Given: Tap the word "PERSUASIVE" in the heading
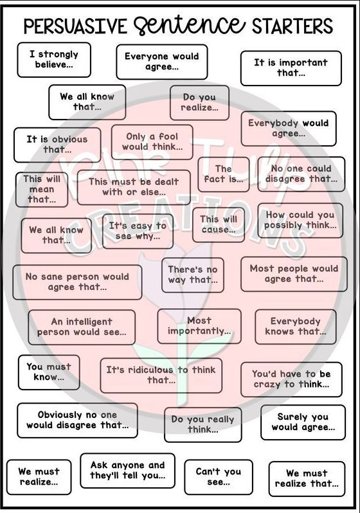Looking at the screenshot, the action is (x=75, y=26).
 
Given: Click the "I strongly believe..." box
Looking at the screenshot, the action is (x=54, y=60).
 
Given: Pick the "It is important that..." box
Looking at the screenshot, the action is (x=291, y=68).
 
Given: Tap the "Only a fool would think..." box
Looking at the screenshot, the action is (x=152, y=142).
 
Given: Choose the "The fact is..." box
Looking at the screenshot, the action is (x=224, y=174).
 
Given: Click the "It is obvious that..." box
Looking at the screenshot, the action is (x=57, y=145).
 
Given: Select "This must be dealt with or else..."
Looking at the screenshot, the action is (x=134, y=187).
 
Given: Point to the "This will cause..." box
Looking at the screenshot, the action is (x=219, y=224).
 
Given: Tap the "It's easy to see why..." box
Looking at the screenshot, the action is (x=138, y=231).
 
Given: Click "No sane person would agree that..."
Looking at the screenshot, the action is (x=77, y=282).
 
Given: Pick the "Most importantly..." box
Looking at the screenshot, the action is (x=199, y=326).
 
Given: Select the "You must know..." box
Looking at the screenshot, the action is (x=49, y=372).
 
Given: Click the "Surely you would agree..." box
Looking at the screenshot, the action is (x=303, y=422).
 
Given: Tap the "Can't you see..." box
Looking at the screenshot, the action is (x=219, y=477).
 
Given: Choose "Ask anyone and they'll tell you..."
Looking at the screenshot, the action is (x=128, y=471).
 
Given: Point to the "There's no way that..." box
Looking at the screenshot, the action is (x=193, y=275).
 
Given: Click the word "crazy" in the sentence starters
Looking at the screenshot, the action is (x=267, y=384).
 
